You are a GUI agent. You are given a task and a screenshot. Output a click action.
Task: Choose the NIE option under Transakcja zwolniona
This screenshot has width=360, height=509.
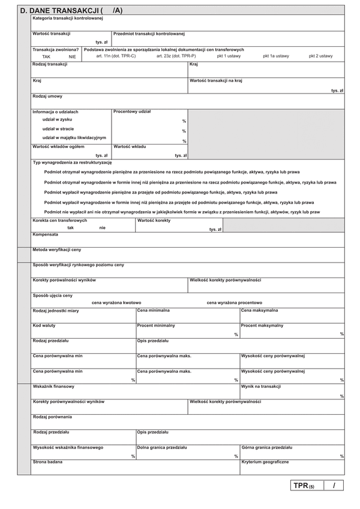[72, 56]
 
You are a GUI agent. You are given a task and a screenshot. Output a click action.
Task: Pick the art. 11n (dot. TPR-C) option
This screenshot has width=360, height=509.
[116, 56]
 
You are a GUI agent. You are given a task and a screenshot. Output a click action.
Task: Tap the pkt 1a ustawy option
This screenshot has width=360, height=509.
[275, 56]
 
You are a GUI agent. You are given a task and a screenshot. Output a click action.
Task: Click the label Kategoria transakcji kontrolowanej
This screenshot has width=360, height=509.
[68, 19]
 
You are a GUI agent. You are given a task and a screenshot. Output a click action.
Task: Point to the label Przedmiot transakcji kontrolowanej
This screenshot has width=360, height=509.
[149, 34]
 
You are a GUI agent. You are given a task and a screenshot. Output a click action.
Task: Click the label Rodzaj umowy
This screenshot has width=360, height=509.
[47, 96]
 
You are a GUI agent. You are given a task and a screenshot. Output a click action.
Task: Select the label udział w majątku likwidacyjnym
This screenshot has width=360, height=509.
[74, 137]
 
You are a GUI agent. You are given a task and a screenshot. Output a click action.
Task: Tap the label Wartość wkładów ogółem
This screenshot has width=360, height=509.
[58, 146]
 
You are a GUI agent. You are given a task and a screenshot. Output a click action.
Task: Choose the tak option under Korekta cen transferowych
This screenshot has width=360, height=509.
[71, 228]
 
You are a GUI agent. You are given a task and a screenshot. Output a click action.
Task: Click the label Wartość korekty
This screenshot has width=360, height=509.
[154, 221]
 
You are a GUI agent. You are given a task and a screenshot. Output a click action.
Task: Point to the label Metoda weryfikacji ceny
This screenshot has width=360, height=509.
[56, 249]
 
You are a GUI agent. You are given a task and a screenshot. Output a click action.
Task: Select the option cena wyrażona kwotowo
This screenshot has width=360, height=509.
[116, 303]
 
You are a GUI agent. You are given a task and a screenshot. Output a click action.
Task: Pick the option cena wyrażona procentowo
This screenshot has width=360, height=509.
[234, 303]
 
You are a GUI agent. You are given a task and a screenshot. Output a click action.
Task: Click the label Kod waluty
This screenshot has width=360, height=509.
[46, 326]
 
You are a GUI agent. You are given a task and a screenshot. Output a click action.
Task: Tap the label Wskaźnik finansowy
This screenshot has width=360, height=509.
[53, 387]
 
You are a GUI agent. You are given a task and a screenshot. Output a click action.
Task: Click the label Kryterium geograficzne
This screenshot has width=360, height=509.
[265, 462]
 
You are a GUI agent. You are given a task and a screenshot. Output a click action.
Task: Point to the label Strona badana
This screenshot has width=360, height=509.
[47, 462]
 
